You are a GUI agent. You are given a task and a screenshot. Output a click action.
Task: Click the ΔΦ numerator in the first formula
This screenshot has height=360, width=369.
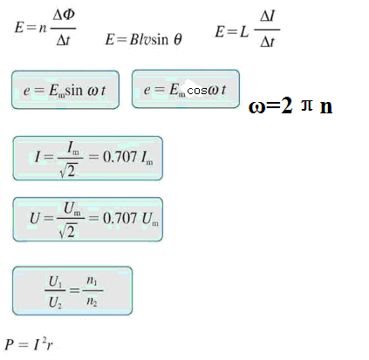[64, 15]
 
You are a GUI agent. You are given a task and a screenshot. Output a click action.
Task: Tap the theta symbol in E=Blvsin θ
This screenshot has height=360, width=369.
[178, 39]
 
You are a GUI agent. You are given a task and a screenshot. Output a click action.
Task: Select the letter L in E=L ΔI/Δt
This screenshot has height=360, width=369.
[244, 31]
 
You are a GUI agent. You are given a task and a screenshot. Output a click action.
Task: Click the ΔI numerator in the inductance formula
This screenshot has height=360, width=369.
[268, 17]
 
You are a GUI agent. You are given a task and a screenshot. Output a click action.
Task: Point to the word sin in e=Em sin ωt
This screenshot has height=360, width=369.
[73, 91]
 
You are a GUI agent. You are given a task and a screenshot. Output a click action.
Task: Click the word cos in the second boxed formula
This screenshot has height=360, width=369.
[197, 91]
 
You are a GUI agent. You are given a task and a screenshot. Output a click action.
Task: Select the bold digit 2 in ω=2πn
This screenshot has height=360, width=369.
[286, 105]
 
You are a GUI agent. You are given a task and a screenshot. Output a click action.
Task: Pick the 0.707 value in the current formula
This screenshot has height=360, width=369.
[120, 157]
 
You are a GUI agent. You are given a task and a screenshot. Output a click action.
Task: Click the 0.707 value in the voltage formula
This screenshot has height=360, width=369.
[120, 218]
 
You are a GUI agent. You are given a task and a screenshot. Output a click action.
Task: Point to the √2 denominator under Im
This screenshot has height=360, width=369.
[67, 170]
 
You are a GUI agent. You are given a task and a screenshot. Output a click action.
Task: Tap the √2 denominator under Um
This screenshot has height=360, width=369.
[68, 231]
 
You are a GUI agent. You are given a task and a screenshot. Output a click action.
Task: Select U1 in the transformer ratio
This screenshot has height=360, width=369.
[55, 282]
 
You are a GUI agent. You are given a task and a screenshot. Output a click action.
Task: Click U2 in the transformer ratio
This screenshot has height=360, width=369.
[55, 302]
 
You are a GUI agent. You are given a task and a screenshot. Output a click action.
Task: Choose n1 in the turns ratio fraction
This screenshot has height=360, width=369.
[92, 281]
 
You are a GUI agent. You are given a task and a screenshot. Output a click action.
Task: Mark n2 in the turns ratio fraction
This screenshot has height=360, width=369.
[92, 302]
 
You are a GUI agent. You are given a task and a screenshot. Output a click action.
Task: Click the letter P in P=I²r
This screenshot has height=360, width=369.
[10, 344]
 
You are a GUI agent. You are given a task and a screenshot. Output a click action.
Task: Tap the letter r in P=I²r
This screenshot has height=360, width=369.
[50, 345]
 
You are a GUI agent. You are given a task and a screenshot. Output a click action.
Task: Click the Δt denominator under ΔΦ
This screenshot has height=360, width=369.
[64, 40]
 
